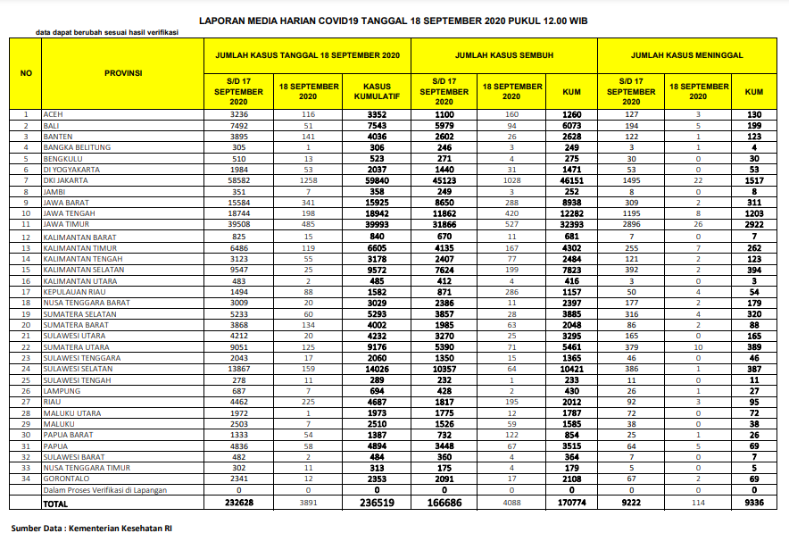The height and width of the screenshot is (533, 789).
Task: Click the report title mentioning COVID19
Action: pyautogui.click(x=394, y=19)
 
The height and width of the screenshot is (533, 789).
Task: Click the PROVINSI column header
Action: pyautogui.click(x=123, y=73)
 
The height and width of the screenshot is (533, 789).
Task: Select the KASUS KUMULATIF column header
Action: pyautogui.click(x=377, y=91)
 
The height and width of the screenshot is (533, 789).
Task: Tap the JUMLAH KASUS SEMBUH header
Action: pyautogui.click(x=504, y=55)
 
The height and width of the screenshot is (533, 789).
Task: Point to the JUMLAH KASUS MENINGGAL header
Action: pyautogui.click(x=687, y=55)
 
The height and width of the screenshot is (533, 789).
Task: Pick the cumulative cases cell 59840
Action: pyautogui.click(x=377, y=180)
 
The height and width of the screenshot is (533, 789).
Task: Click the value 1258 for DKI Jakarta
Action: pyautogui.click(x=308, y=180)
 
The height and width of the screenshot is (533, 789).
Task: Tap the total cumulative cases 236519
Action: pyautogui.click(x=377, y=503)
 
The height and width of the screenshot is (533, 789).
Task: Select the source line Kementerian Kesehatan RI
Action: pyautogui.click(x=91, y=528)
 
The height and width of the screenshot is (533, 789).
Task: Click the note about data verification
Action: pyautogui.click(x=107, y=33)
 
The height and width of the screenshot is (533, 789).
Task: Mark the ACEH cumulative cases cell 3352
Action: pyautogui.click(x=377, y=114)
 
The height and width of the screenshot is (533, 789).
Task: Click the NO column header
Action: pyautogui.click(x=26, y=73)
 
